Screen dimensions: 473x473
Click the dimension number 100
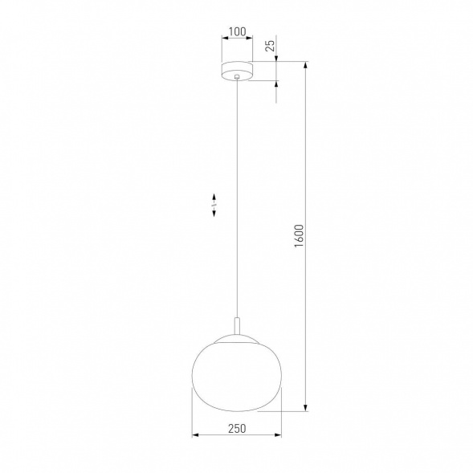pyautogui.click(x=236, y=33)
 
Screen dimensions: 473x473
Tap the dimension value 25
pyautogui.click(x=270, y=46)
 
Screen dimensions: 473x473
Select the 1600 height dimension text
pyautogui.click(x=298, y=237)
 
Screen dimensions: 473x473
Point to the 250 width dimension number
pyautogui.click(x=236, y=429)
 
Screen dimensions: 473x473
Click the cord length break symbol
pyautogui.click(x=214, y=204)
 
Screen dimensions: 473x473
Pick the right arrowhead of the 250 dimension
pyautogui.click(x=278, y=437)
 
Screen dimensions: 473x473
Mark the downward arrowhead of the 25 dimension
pyautogui.click(x=277, y=58)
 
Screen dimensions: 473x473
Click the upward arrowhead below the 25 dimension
pyautogui.click(x=277, y=85)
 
